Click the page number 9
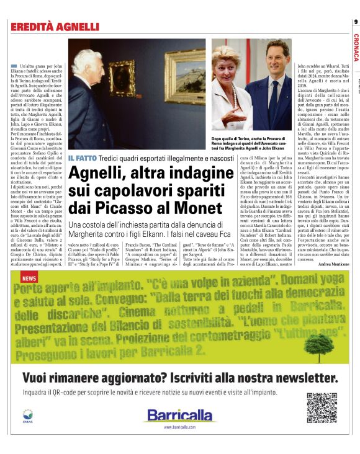click(355, 22)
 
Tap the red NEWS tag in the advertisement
click(29, 279)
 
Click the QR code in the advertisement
click(322, 407)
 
